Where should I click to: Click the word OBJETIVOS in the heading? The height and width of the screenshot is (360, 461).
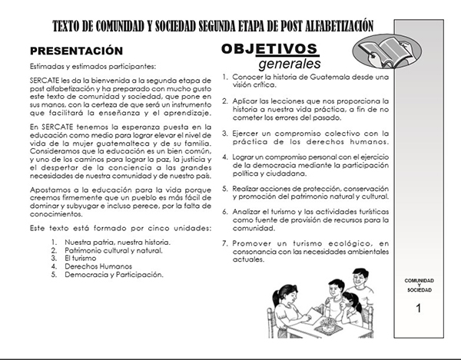coord(270,48)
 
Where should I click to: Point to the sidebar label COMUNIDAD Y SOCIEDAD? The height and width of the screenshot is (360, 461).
coord(419,286)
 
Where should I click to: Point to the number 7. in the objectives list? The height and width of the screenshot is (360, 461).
coord(224,243)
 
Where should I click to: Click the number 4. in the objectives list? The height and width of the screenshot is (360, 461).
coord(224,156)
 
